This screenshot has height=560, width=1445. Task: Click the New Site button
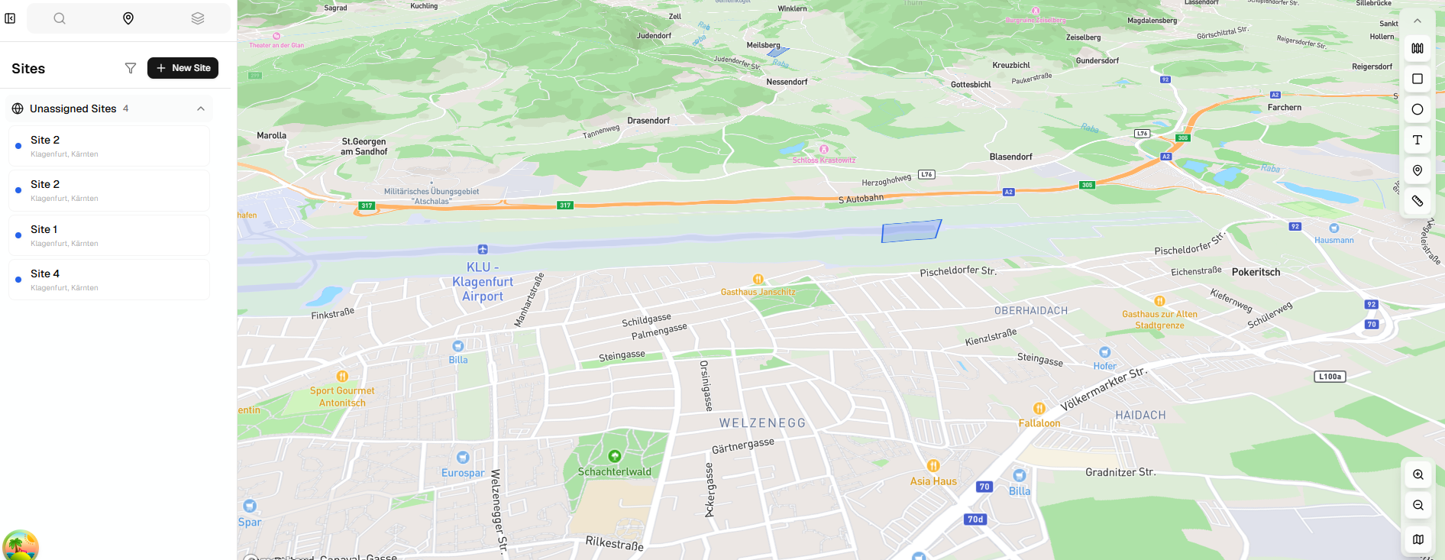tap(183, 68)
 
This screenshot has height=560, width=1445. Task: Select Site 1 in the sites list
tap(108, 235)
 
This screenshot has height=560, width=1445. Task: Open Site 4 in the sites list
tap(108, 280)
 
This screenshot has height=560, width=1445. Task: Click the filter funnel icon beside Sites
tap(131, 68)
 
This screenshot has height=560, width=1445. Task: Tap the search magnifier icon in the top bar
tap(60, 18)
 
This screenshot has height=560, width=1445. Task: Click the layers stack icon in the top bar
tap(198, 18)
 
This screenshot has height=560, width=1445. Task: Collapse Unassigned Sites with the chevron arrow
tap(201, 108)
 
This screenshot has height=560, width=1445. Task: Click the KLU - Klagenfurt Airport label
tap(482, 281)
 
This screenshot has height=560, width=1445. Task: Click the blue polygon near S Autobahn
tap(910, 231)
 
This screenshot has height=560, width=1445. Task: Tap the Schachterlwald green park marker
tap(615, 456)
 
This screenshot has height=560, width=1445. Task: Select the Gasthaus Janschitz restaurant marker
tap(758, 280)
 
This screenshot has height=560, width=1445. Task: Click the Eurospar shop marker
tap(463, 458)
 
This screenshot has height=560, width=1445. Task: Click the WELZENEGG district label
tap(762, 423)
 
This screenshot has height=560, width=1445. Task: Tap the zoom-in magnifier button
tap(1418, 474)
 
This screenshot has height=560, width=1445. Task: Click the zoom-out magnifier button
tap(1418, 505)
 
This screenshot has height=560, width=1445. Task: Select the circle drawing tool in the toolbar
tap(1418, 109)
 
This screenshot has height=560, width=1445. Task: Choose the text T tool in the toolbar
tap(1418, 140)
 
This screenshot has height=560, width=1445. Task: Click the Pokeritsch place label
tap(1256, 272)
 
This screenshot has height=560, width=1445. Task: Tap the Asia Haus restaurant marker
tap(933, 466)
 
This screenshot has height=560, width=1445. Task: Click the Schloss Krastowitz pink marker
tap(824, 150)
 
